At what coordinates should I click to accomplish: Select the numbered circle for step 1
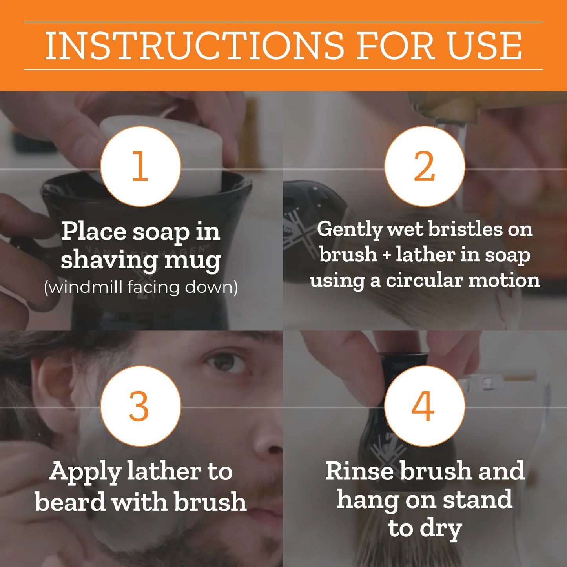pyautogui.click(x=140, y=166)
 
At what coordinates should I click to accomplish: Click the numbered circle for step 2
pyautogui.click(x=425, y=166)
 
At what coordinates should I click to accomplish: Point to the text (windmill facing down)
pyautogui.click(x=140, y=287)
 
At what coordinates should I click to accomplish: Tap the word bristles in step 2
pyautogui.click(x=465, y=229)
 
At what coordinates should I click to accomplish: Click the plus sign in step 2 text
pyautogui.click(x=387, y=255)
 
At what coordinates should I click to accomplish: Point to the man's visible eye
pyautogui.click(x=225, y=360)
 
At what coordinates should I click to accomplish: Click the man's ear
pyautogui.click(x=53, y=385)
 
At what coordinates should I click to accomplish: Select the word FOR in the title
pyautogui.click(x=396, y=46)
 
